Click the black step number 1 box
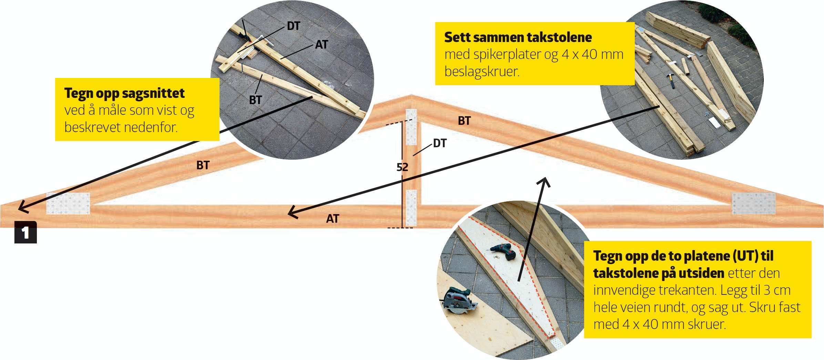[26, 232]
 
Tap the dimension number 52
[402, 167]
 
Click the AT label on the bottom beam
[333, 219]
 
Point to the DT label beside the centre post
[440, 143]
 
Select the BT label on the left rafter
[203, 165]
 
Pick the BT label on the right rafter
[464, 121]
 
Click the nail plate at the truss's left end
[68, 203]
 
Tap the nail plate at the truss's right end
[754, 203]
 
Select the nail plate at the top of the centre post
[411, 127]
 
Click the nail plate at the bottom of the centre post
[411, 208]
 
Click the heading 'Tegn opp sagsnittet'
[124, 93]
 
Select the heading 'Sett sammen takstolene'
[518, 37]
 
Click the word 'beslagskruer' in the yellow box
[482, 72]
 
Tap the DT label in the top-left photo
[293, 26]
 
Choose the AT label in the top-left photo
[321, 44]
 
